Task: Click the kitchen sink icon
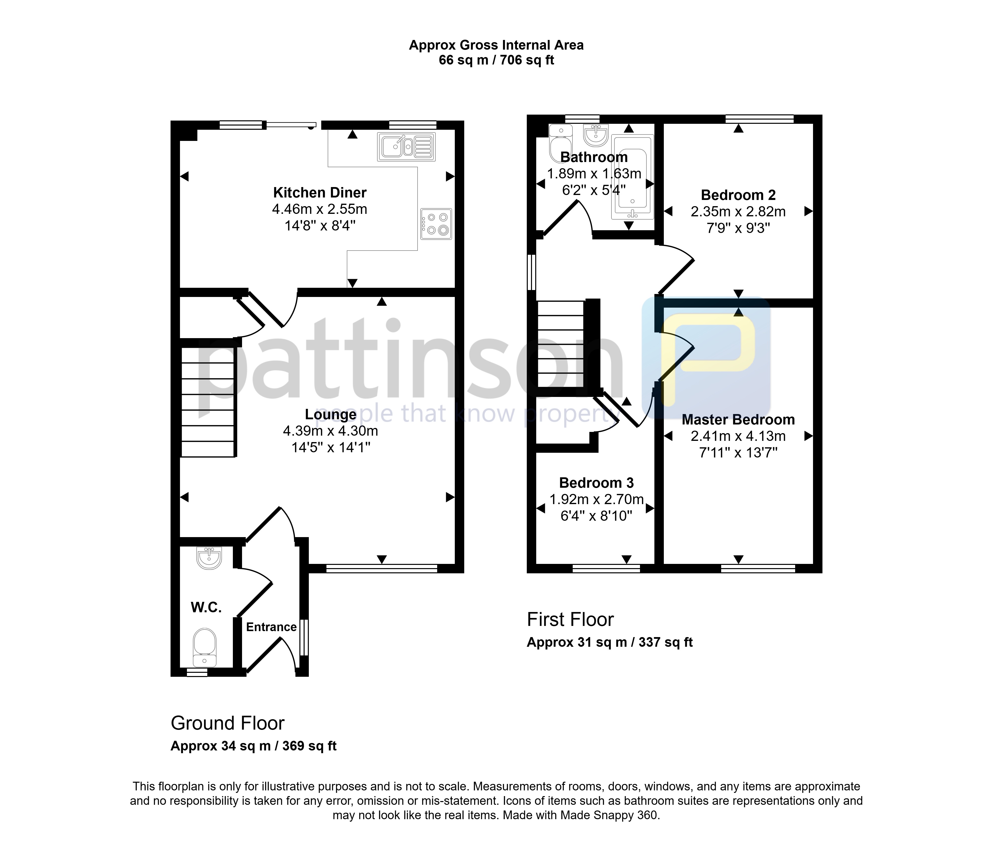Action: click(x=406, y=146)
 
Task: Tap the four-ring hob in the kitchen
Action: click(x=436, y=224)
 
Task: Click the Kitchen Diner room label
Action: click(x=319, y=193)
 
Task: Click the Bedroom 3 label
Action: click(x=596, y=483)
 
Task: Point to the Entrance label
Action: click(x=271, y=627)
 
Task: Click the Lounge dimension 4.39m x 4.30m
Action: click(x=330, y=431)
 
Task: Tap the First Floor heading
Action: click(x=570, y=619)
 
